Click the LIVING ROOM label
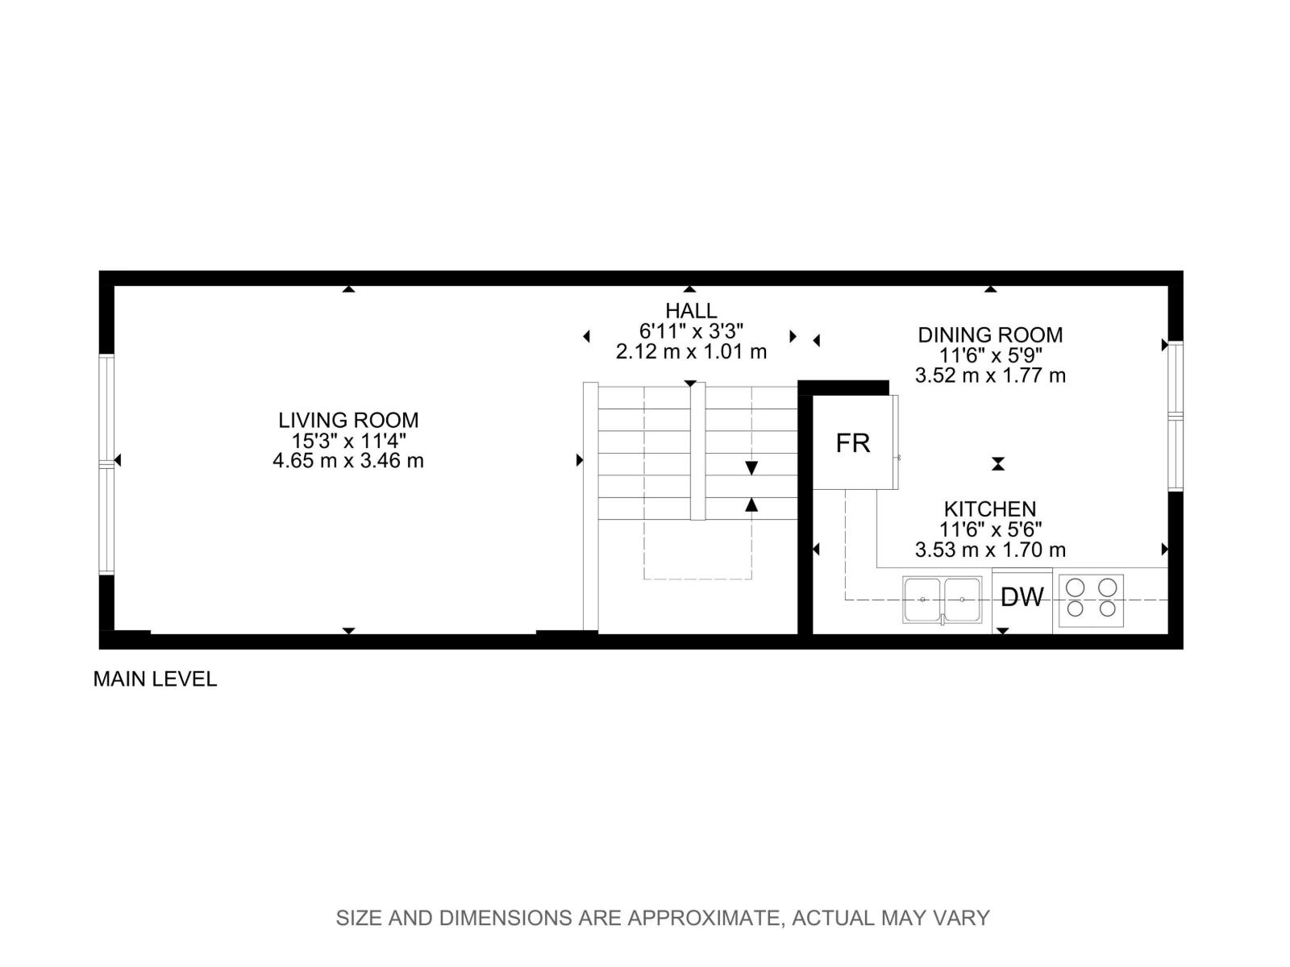click(x=348, y=420)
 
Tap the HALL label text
click(x=691, y=310)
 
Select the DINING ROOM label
click(x=990, y=334)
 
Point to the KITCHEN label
click(x=990, y=509)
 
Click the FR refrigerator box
click(x=853, y=442)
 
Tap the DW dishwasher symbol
click(x=1022, y=598)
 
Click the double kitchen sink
click(x=943, y=600)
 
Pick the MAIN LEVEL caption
click(x=155, y=679)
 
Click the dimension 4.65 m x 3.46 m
click(x=348, y=461)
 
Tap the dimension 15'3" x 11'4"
click(x=348, y=441)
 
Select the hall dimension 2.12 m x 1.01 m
click(x=691, y=351)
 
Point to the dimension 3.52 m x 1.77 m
click(x=990, y=376)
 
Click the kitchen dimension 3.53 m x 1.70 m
click(x=990, y=550)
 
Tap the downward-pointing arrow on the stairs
click(x=751, y=468)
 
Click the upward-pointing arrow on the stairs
click(x=751, y=504)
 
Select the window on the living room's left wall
click(x=106, y=463)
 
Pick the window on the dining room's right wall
click(x=1176, y=416)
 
